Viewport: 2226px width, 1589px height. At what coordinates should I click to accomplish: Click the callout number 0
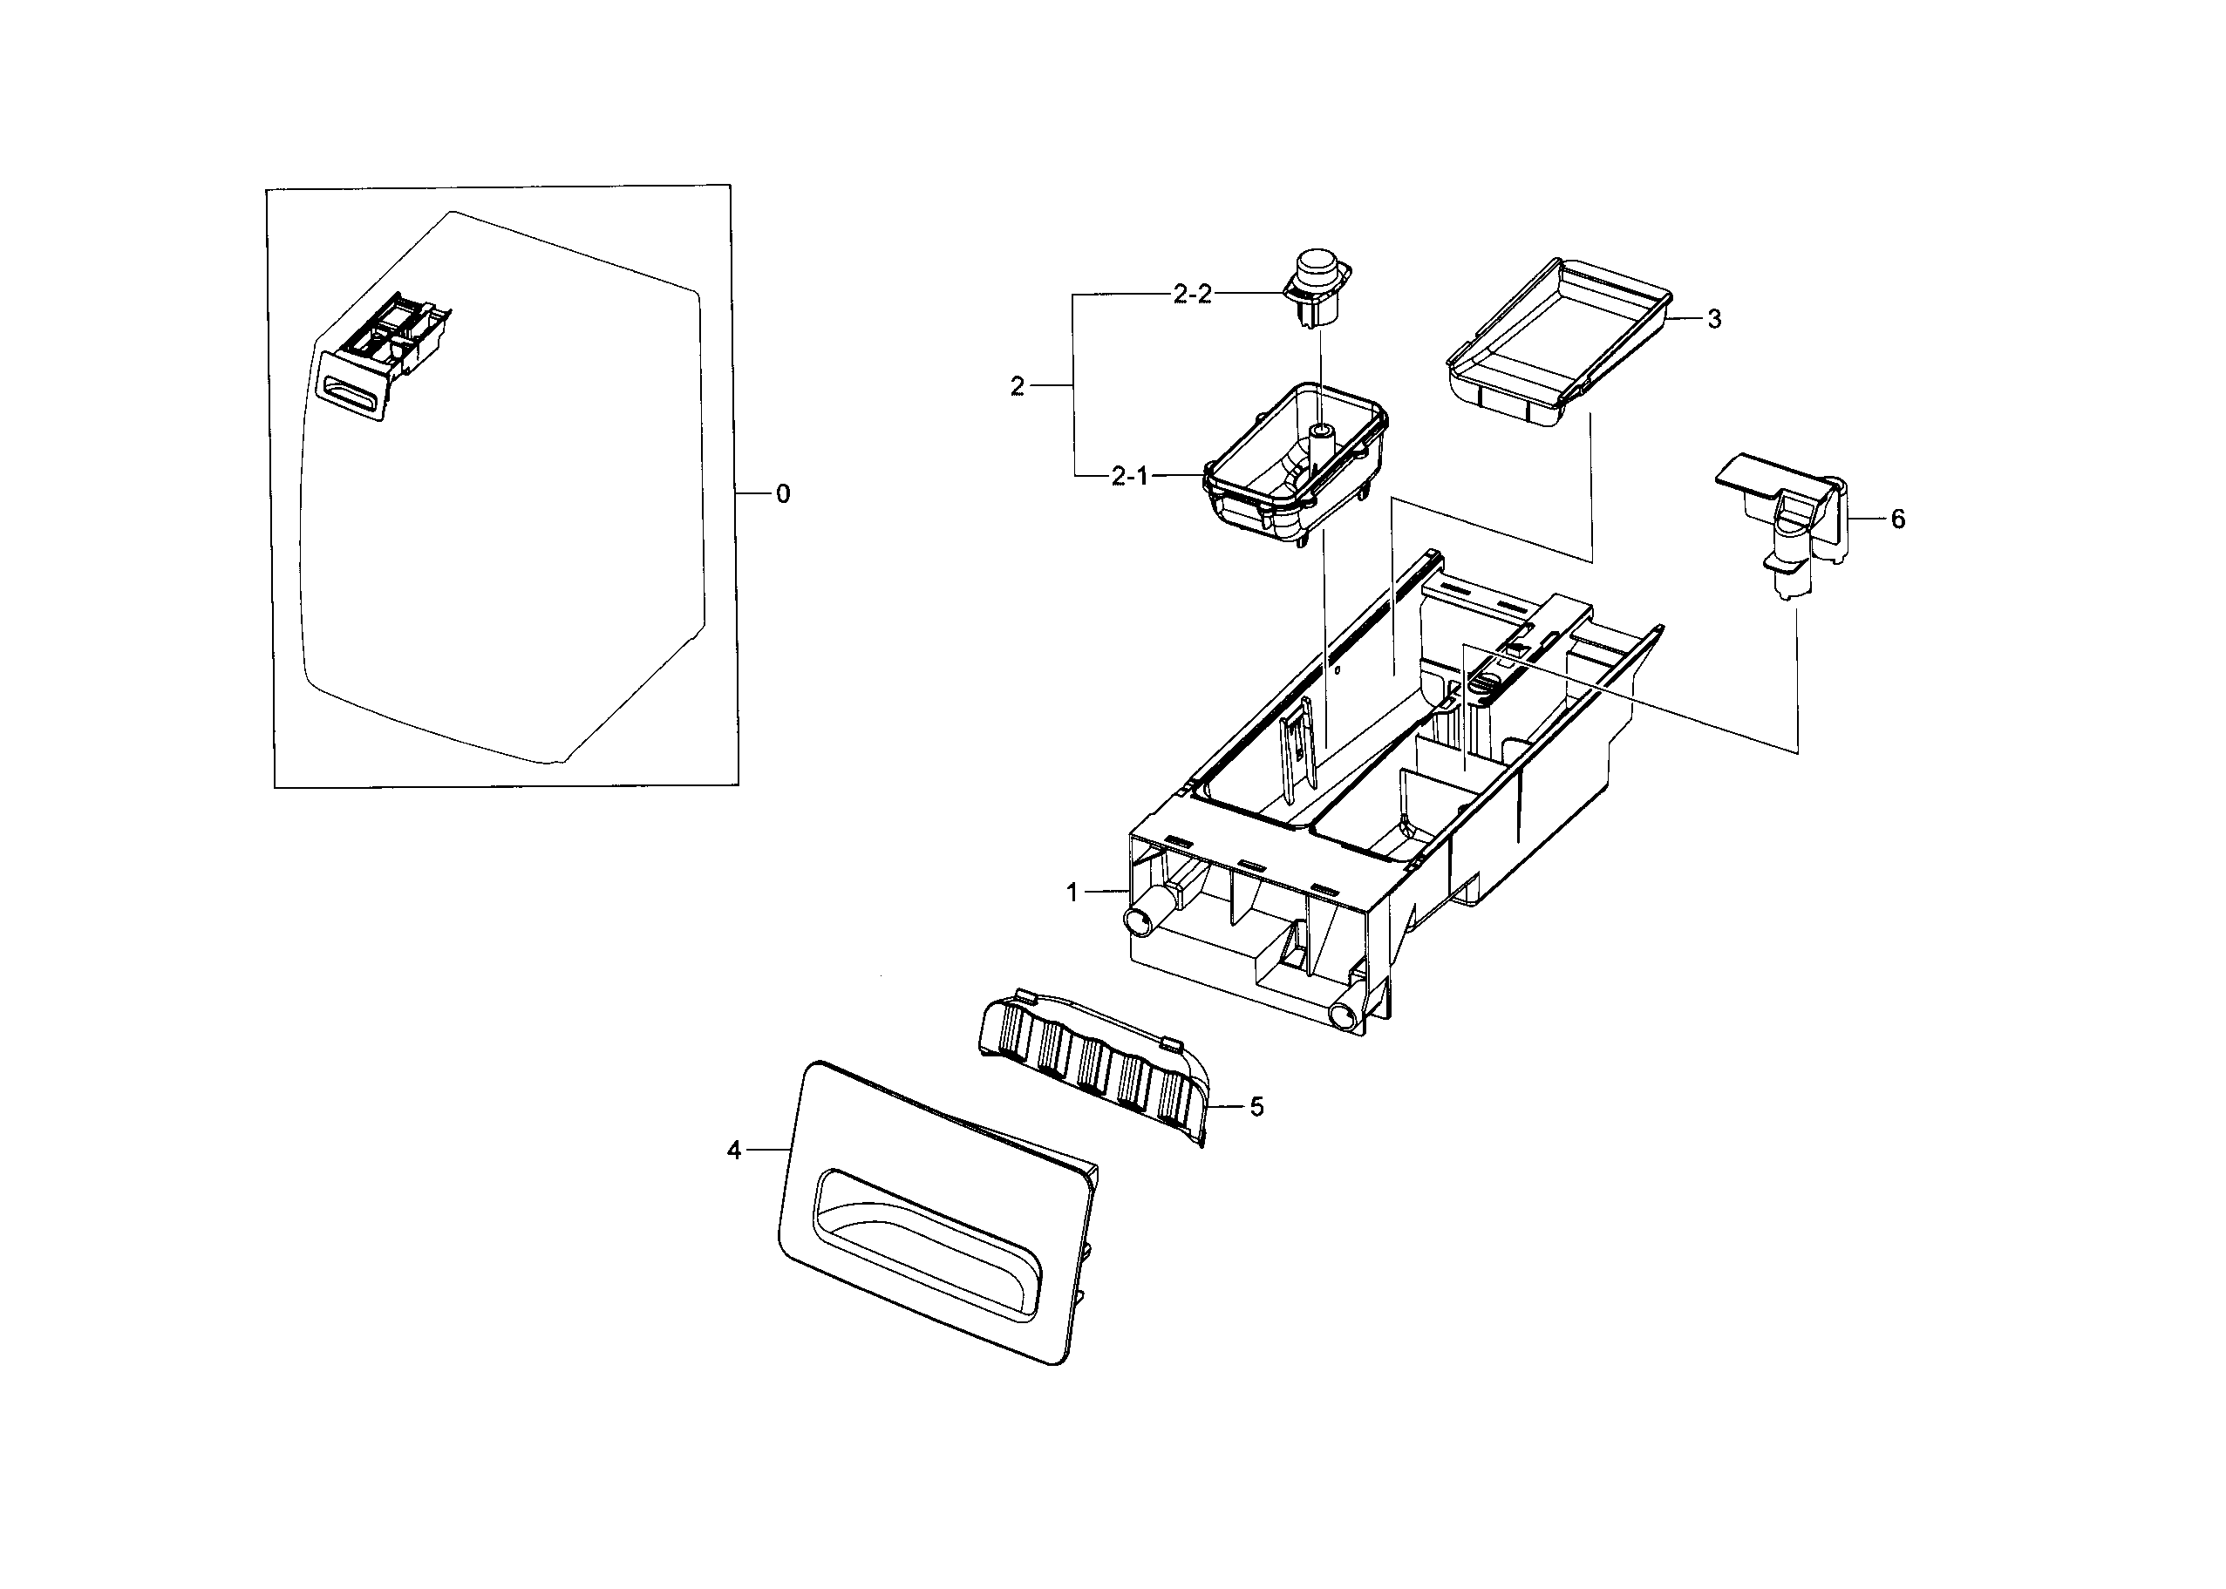783,495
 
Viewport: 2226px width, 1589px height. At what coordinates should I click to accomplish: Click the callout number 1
1072,893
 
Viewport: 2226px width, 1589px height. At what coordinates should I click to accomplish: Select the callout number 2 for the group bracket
1017,386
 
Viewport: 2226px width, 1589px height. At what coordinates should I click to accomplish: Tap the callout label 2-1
1129,477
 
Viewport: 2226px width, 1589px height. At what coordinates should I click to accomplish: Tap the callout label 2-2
1192,294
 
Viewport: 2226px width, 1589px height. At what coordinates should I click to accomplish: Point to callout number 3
1713,320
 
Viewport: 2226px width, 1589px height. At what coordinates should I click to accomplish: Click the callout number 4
734,1151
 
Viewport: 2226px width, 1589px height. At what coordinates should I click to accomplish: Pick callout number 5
1256,1107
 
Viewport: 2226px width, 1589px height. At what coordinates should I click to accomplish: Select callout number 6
1897,519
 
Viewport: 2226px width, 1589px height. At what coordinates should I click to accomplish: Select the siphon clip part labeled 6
1791,528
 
